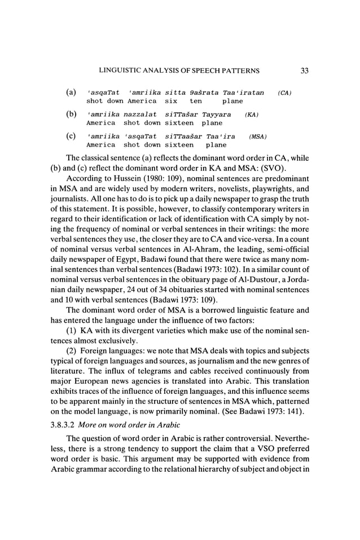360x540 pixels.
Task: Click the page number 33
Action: pyautogui.click(x=304, y=71)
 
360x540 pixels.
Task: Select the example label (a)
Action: pyautogui.click(x=72, y=92)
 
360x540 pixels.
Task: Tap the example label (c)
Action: pyautogui.click(x=72, y=136)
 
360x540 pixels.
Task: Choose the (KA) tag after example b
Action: pyautogui.click(x=252, y=115)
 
